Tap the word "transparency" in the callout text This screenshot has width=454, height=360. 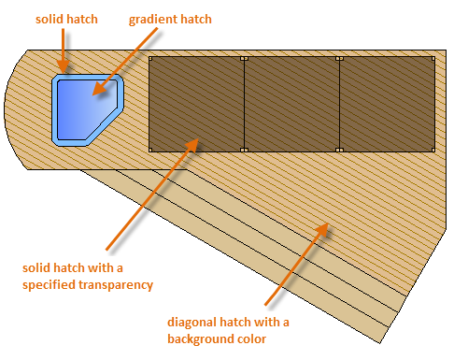coord(116,285)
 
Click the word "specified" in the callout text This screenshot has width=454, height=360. coord(49,285)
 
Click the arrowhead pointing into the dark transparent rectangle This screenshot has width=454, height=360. coord(192,145)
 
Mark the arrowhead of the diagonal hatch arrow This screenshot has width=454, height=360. coord(321,229)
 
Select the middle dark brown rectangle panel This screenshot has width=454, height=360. coord(291,104)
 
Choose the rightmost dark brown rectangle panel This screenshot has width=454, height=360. coord(387,104)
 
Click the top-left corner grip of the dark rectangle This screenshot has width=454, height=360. coord(150,59)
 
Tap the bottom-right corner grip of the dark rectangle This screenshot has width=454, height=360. coord(433,150)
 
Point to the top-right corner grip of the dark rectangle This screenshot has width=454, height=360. coord(433,59)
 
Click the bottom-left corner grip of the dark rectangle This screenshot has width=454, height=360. coord(150,150)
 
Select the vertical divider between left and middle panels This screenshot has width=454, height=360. coord(245,104)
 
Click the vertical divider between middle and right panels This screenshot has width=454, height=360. coord(340,104)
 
